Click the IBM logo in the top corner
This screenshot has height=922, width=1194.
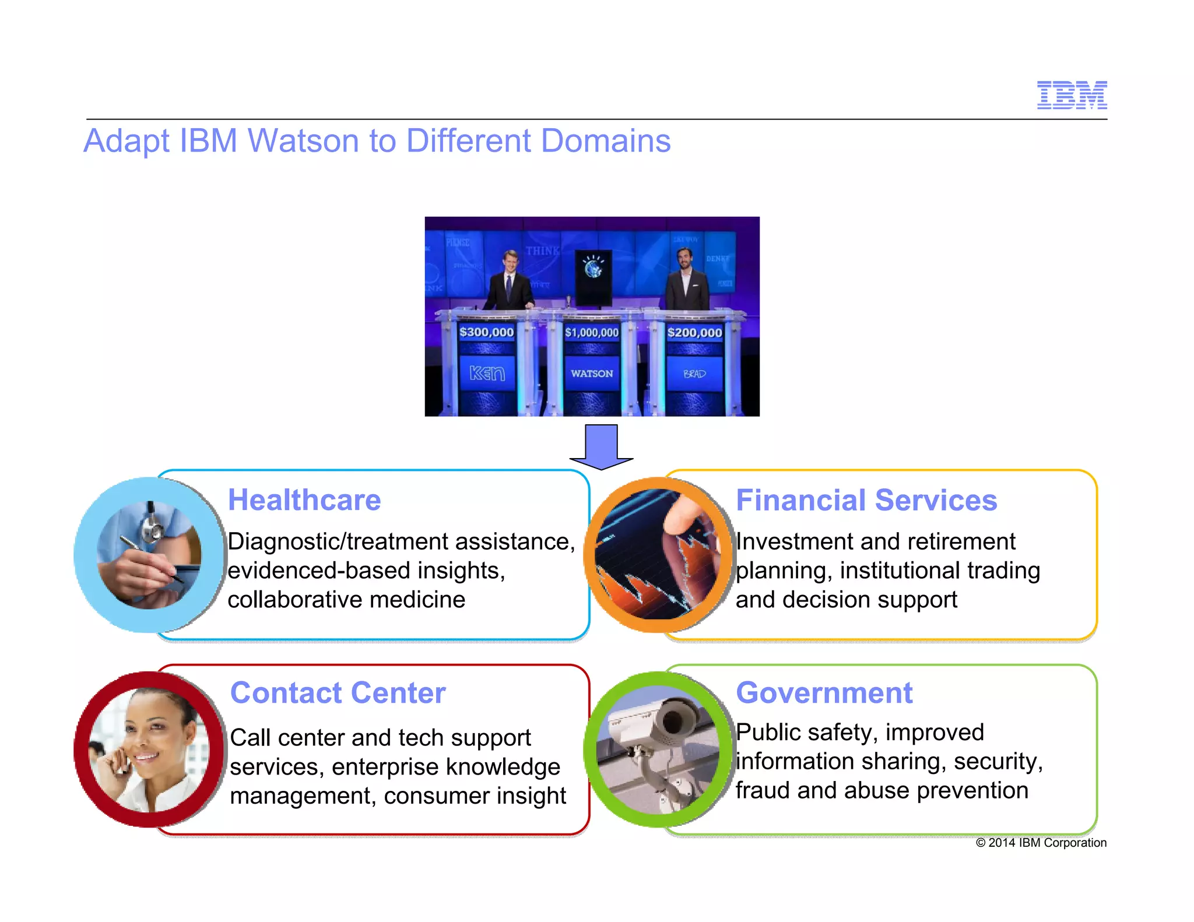click(x=1072, y=95)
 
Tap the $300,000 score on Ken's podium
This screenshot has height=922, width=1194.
click(x=486, y=332)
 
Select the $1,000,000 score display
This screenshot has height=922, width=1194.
click(x=591, y=333)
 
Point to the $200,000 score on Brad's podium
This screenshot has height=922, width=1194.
click(x=694, y=333)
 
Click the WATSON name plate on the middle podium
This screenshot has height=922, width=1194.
click(x=592, y=374)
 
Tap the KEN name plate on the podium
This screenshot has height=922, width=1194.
click(x=487, y=373)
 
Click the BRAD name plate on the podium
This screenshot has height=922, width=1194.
click(x=694, y=374)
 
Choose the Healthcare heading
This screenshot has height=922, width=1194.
click(x=304, y=500)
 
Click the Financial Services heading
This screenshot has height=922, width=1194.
click(x=866, y=500)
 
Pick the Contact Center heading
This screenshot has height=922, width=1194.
click(x=338, y=693)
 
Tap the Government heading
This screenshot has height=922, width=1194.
click(x=824, y=693)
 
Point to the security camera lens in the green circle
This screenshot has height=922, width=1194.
click(x=673, y=721)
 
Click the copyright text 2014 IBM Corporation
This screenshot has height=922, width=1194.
click(x=1041, y=843)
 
